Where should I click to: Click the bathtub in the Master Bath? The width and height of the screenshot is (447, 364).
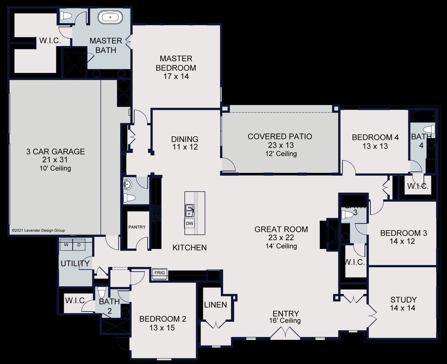click(110, 17)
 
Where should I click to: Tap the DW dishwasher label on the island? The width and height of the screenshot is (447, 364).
click(189, 223)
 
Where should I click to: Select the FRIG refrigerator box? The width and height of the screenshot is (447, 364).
click(160, 273)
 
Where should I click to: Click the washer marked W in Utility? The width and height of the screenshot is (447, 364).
click(66, 245)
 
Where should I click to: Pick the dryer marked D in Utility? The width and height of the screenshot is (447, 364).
click(79, 245)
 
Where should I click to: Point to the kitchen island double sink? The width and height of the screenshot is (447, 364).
click(190, 211)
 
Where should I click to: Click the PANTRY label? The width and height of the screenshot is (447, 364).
click(137, 227)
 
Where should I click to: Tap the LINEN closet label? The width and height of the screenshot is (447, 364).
click(215, 305)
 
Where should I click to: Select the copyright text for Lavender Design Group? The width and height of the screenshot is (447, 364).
click(38, 230)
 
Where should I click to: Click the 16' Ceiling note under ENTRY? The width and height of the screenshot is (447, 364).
click(285, 321)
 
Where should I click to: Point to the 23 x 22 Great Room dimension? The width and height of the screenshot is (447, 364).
click(281, 238)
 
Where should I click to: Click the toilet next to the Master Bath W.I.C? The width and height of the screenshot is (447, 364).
click(65, 16)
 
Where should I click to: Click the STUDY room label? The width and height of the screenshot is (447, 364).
click(403, 300)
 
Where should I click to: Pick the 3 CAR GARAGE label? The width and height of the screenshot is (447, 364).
click(56, 152)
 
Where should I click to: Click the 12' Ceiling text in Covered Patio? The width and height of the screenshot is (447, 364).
click(281, 154)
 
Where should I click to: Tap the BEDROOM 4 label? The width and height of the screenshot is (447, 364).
click(375, 137)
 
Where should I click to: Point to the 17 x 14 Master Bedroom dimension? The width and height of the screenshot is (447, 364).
click(176, 76)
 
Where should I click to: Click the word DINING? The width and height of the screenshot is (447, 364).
click(185, 139)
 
